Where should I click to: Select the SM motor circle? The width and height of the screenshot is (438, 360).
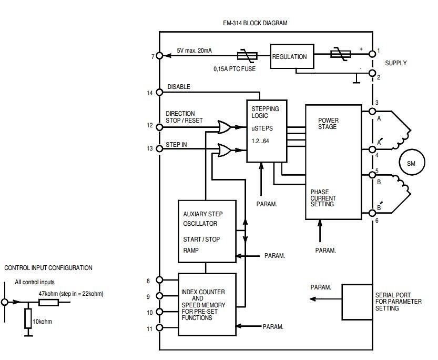411,164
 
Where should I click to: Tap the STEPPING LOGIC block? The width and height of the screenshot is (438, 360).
267,131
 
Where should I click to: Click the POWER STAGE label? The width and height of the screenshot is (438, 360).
328,124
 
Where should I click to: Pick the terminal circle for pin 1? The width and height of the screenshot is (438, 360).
372,53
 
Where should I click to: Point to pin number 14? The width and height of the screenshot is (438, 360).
150,93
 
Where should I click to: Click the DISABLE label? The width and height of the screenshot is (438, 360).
179,87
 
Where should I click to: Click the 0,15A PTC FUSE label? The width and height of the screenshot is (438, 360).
235,69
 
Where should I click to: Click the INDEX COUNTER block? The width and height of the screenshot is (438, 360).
207,304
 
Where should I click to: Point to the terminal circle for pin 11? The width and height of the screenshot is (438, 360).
160,328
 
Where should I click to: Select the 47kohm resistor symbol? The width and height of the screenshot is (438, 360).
49,303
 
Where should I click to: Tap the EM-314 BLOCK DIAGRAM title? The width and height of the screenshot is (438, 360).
255,23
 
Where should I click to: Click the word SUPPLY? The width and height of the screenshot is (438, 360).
395,63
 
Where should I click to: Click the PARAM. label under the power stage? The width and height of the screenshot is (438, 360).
325,251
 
